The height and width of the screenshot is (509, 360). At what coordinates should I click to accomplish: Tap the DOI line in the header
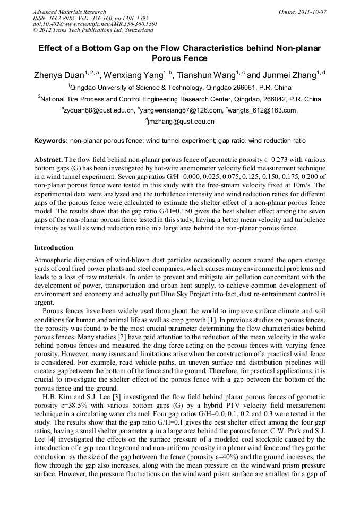coord(95,24)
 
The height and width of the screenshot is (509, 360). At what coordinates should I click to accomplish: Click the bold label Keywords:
coord(51,141)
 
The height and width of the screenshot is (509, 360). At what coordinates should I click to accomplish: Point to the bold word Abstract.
coord(48,160)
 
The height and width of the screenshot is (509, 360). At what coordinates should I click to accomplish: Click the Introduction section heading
coord(54,248)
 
